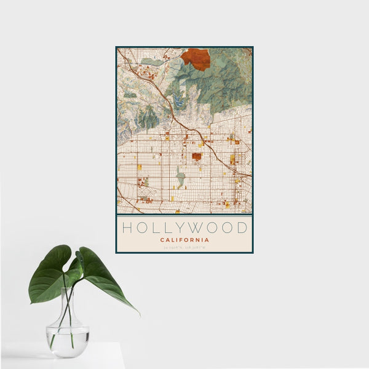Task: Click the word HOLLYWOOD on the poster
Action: click(184, 228)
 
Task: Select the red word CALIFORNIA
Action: click(184, 240)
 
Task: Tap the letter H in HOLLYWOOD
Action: click(126, 228)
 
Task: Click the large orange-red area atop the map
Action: click(196, 58)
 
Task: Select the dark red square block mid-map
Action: click(196, 157)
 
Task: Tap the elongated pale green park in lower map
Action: click(180, 179)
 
